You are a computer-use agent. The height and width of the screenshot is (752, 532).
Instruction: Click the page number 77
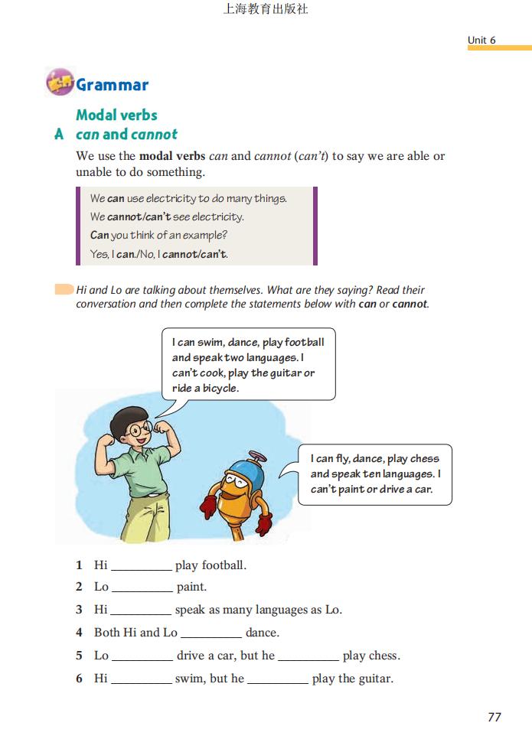tap(494, 717)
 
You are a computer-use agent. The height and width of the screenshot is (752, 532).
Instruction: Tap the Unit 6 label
tap(481, 40)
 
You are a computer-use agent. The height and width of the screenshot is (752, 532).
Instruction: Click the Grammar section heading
tap(112, 85)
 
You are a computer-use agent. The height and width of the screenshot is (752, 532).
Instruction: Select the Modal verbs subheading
tap(116, 115)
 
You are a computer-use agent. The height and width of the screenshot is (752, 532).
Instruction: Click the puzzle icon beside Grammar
tap(59, 82)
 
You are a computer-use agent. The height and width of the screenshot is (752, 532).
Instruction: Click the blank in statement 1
tap(142, 566)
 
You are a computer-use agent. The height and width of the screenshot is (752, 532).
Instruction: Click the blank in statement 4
tap(211, 633)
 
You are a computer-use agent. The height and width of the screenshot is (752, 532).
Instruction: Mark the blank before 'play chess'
tap(308, 656)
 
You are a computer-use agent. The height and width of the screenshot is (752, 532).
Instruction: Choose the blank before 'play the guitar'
tap(278, 679)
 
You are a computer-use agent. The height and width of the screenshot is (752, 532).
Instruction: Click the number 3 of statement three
tap(79, 610)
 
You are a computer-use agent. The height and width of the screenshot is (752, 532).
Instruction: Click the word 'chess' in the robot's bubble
tap(424, 459)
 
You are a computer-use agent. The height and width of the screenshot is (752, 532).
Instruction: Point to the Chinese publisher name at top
tap(265, 9)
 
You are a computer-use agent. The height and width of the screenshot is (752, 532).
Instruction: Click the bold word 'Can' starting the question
tap(100, 235)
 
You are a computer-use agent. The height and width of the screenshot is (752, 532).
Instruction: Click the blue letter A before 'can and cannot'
tap(59, 134)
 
